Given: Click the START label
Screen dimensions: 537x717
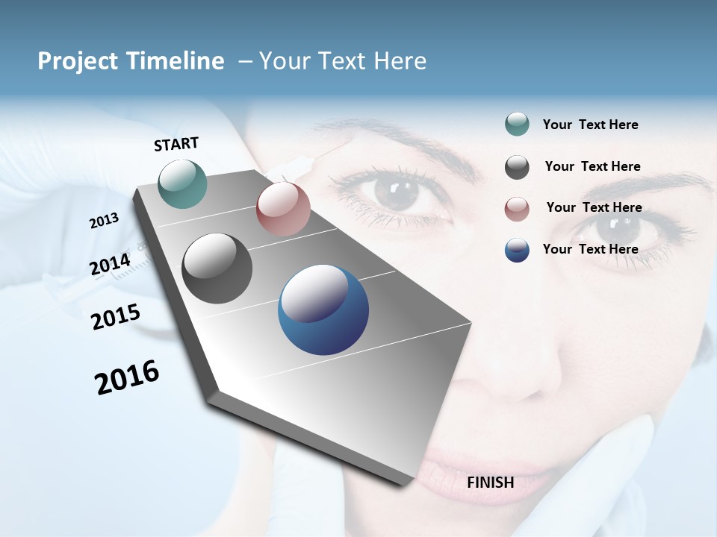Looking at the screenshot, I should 176,144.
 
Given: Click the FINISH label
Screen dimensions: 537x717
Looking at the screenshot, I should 490,483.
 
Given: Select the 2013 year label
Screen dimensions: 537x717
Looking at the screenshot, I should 105,221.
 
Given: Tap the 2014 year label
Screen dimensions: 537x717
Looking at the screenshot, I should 111,265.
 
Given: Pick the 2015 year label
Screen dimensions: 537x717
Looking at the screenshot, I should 116,317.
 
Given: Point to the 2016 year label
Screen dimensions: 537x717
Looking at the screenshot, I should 127,377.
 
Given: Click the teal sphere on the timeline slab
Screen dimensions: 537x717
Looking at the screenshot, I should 183,183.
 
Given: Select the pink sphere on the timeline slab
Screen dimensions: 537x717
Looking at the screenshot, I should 283,209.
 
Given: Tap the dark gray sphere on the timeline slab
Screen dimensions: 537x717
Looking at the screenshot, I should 217,268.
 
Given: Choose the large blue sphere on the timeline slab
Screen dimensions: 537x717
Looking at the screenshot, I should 323,310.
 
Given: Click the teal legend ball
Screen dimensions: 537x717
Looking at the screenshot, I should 517,124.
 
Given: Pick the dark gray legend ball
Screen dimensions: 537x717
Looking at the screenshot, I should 517,167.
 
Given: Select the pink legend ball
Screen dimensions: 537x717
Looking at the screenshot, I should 517,209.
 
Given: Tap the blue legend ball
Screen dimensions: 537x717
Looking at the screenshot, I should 517,250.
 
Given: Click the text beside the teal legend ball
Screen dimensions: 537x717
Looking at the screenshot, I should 590,125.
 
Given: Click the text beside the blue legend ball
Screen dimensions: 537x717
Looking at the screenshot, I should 590,249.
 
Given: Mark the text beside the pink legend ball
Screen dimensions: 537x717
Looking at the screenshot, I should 594,207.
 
